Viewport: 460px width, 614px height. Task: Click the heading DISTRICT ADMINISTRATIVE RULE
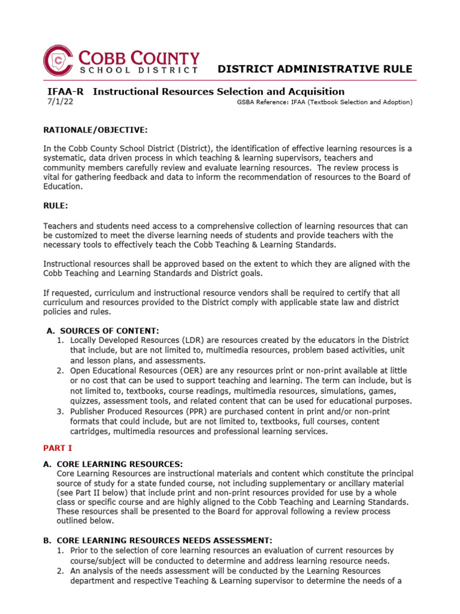[x=314, y=69]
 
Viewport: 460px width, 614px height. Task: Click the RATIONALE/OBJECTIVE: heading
[x=95, y=130]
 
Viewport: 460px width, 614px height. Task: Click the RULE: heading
[x=56, y=206]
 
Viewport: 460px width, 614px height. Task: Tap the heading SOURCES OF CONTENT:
[x=108, y=330]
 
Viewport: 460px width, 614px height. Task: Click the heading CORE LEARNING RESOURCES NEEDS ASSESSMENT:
[x=164, y=540]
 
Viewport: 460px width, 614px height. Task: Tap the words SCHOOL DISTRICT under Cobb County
[x=139, y=71]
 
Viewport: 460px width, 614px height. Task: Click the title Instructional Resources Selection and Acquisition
[x=219, y=92]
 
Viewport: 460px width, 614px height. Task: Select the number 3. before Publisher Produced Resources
[x=60, y=412]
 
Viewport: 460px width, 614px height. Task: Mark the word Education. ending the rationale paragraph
[x=62, y=186]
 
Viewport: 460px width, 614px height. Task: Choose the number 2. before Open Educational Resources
[x=60, y=371]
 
